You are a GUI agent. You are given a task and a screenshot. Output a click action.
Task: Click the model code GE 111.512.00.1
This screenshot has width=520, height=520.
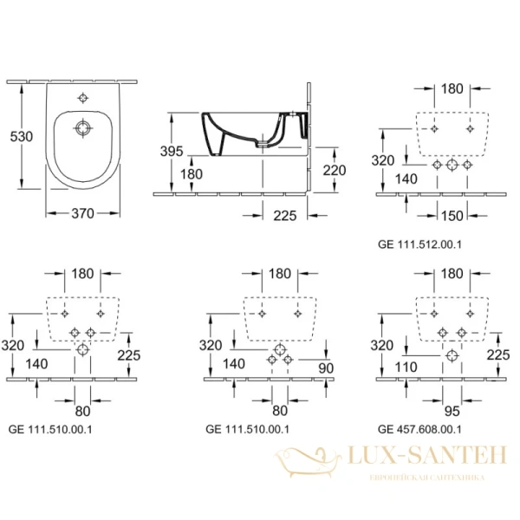tap(419, 245)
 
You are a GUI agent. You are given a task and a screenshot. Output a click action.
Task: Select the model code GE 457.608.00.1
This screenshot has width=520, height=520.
tap(419, 428)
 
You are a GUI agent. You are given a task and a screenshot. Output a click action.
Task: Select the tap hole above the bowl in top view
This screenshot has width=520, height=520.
tap(82, 98)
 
